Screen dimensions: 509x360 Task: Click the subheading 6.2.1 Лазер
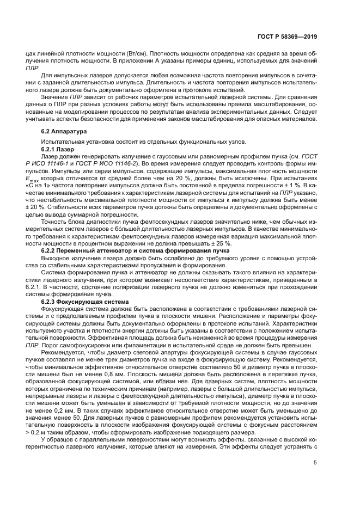click(x=59, y=149)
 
